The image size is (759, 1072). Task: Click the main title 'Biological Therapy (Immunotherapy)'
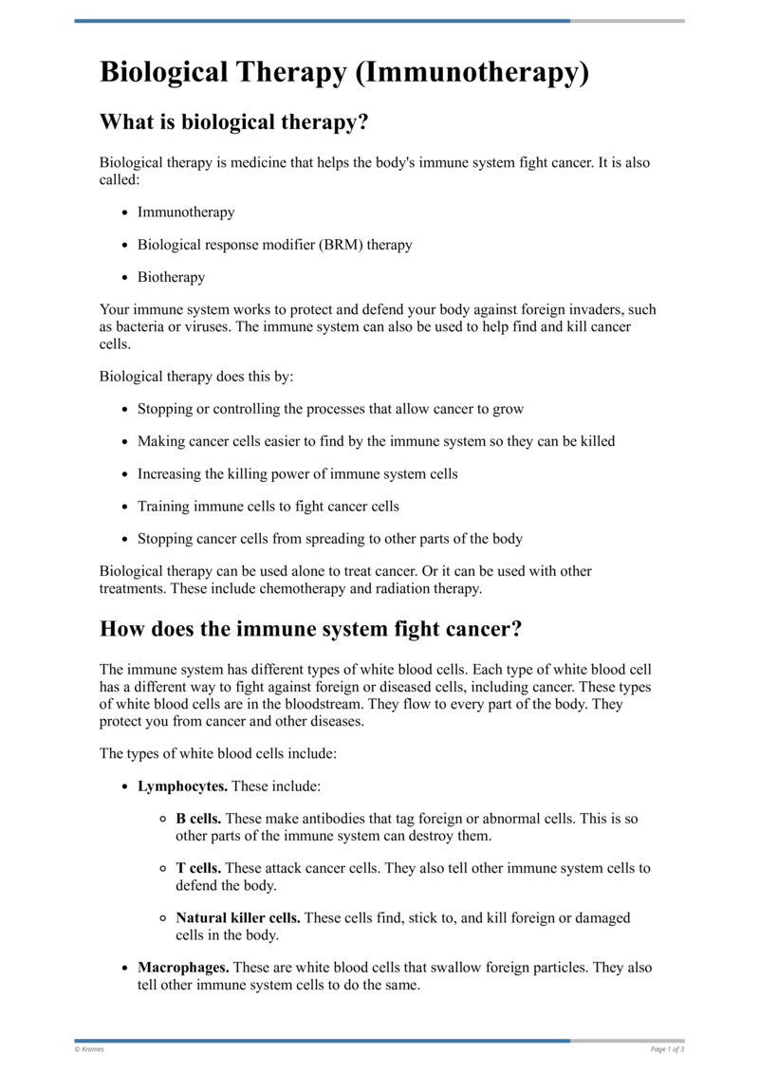(x=344, y=73)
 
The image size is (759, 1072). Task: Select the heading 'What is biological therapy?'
(x=233, y=122)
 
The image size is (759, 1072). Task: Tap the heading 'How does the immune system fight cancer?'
(x=311, y=629)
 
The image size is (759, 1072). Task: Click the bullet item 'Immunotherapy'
(x=186, y=213)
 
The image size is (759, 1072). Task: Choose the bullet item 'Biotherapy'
(x=171, y=277)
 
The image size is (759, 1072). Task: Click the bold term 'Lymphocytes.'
(x=182, y=786)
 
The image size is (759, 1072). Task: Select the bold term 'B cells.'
(x=199, y=819)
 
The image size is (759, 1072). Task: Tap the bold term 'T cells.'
(x=199, y=868)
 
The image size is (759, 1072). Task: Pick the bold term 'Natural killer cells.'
(x=238, y=918)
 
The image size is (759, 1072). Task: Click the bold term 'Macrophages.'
(x=183, y=969)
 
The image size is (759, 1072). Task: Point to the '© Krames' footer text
(x=89, y=1049)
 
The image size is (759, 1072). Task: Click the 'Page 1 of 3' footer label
(x=667, y=1049)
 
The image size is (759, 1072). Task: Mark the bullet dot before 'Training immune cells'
(x=125, y=507)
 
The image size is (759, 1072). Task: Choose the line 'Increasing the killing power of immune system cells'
(x=297, y=473)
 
